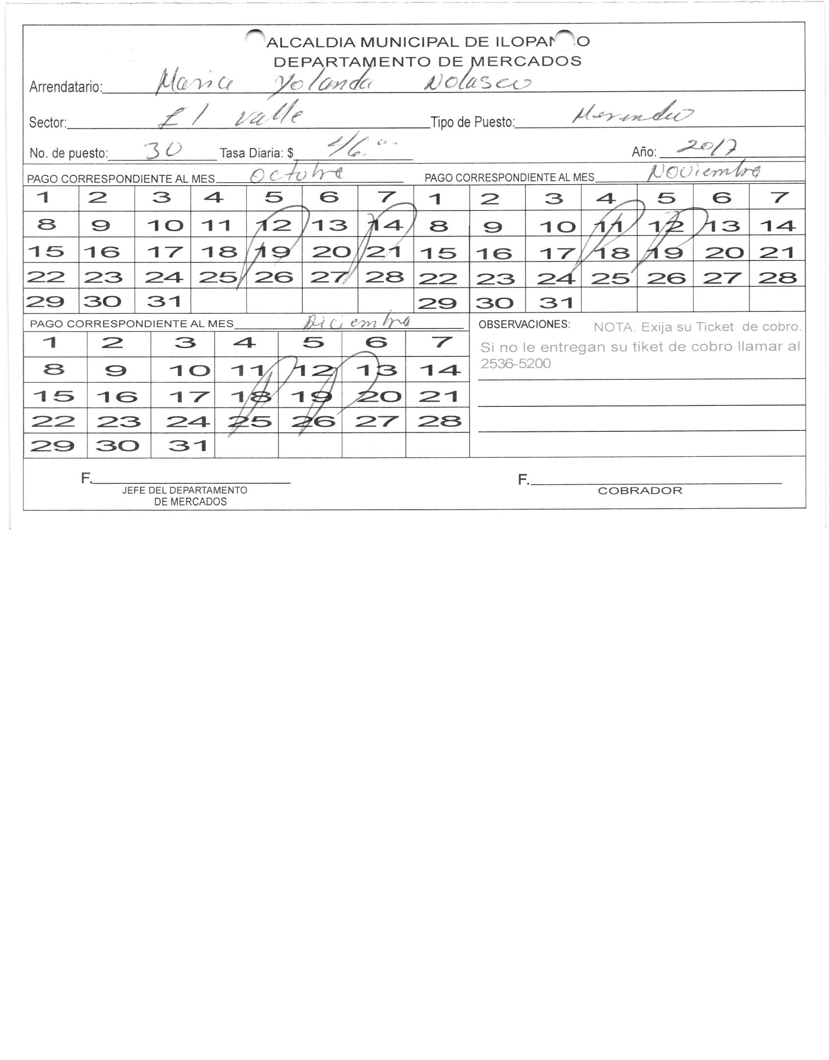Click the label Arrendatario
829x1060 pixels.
[66, 88]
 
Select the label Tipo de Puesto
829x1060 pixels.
[473, 122]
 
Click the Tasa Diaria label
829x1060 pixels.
[257, 153]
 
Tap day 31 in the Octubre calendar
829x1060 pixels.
[163, 301]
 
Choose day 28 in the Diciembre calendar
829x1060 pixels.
[439, 421]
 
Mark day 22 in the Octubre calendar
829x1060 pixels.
[46, 277]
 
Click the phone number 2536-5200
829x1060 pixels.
[516, 364]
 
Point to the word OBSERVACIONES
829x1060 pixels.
[524, 325]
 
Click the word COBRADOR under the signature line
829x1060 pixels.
[640, 491]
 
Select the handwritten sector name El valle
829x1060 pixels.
[230, 118]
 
